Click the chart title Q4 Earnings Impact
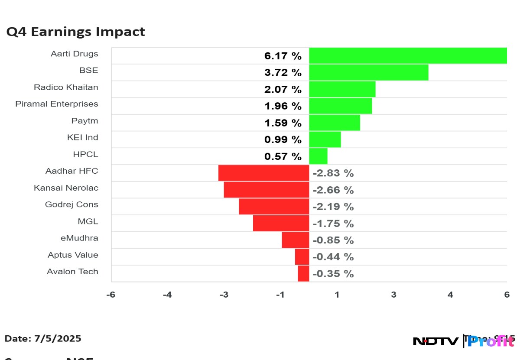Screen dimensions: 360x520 [x=75, y=32]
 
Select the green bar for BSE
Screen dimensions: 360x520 [x=368, y=72]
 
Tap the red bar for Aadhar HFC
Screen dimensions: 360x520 [x=263, y=173]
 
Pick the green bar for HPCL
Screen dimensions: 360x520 [x=318, y=156]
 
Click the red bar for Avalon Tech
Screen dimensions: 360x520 [x=303, y=273]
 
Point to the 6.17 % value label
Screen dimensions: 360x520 [x=283, y=56]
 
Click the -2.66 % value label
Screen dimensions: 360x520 [x=333, y=190]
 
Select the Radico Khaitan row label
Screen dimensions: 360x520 [x=66, y=87]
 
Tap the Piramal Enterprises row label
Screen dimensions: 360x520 [x=56, y=104]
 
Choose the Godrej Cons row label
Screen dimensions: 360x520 [x=71, y=204]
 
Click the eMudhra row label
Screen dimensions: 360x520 [x=79, y=238]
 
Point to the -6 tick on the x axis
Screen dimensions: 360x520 [x=111, y=295]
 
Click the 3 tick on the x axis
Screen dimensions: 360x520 [x=393, y=295]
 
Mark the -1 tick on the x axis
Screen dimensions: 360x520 [x=280, y=295]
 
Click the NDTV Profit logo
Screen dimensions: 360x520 [x=464, y=341]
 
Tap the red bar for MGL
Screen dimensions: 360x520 [x=281, y=223]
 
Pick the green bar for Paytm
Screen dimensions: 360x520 [x=334, y=123]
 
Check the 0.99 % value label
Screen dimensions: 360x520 [x=283, y=139]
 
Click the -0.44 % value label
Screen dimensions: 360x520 [x=333, y=257]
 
